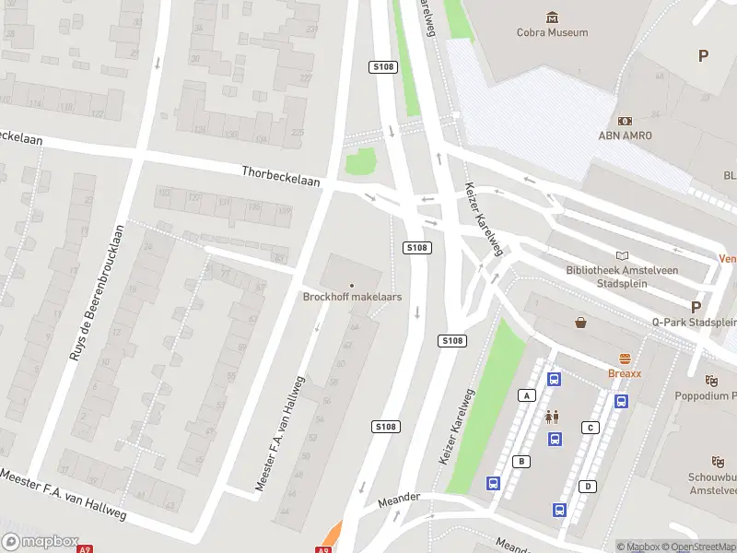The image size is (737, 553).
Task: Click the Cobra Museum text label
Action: (552, 33)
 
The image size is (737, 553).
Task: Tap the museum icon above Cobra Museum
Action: (552, 17)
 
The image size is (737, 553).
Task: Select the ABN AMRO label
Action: (626, 135)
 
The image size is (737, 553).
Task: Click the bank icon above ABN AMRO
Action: (626, 121)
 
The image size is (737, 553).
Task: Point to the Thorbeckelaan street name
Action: (281, 176)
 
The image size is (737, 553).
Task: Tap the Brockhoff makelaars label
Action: (352, 297)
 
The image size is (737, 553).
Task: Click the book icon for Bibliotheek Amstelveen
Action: (624, 255)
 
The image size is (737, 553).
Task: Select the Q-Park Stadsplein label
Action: (694, 323)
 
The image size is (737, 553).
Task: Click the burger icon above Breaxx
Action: (625, 359)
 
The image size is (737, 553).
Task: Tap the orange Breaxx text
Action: (624, 373)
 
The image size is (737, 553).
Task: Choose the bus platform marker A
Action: (527, 395)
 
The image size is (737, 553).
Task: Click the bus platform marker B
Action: (521, 461)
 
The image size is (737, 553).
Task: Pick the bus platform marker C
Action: (590, 428)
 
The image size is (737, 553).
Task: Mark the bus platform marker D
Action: (588, 486)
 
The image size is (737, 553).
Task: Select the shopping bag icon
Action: (581, 323)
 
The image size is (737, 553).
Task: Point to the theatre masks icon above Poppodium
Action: (711, 380)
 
